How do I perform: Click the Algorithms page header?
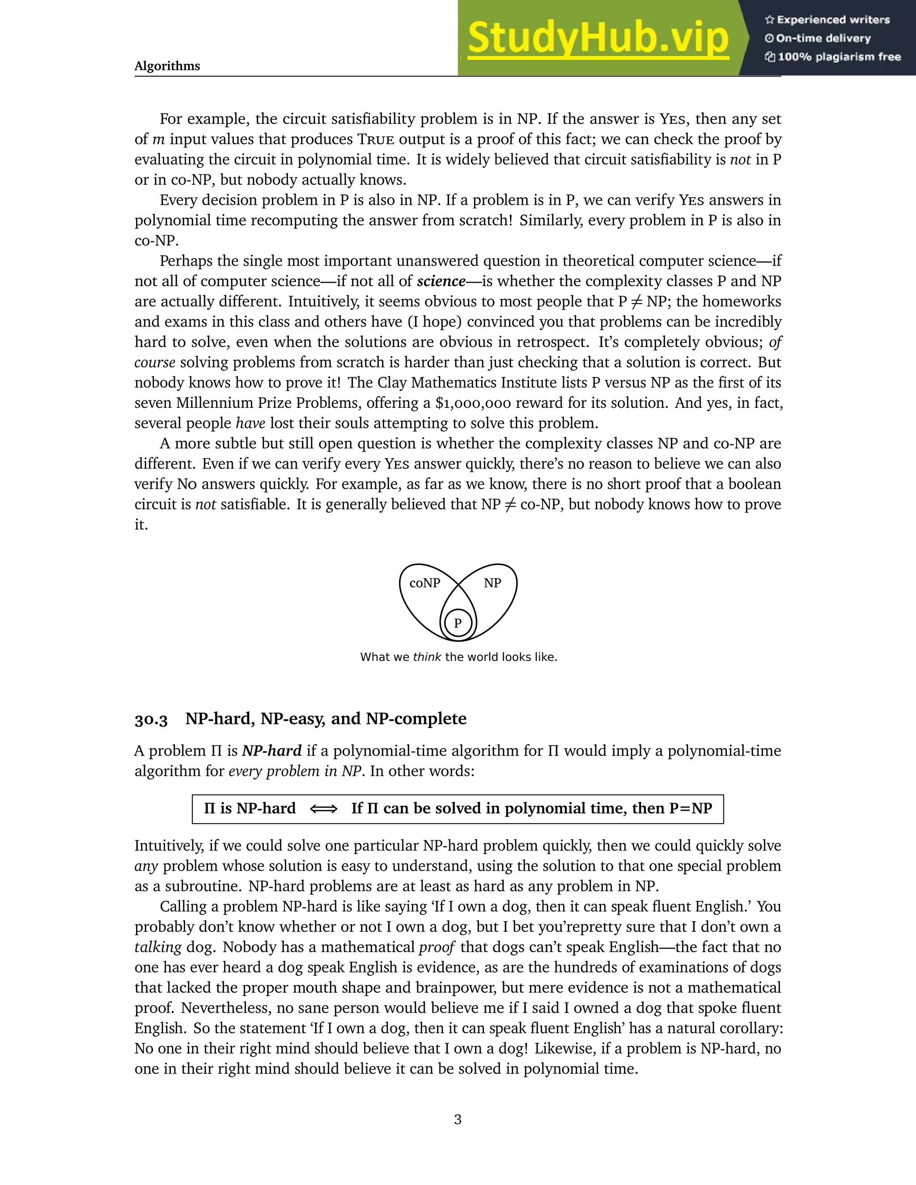tap(167, 66)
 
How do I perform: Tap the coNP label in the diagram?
tap(424, 583)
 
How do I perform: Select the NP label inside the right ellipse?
tap(492, 583)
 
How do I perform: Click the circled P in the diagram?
tap(458, 623)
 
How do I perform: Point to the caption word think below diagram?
tap(427, 657)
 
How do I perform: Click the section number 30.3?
tap(151, 719)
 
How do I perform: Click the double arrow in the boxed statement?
tap(323, 809)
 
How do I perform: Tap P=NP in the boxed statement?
tap(690, 809)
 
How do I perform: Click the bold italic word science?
tap(441, 282)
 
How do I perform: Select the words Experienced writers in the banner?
tap(833, 20)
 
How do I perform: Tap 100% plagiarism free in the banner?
tap(839, 57)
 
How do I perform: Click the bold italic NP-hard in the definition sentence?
tap(271, 751)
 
